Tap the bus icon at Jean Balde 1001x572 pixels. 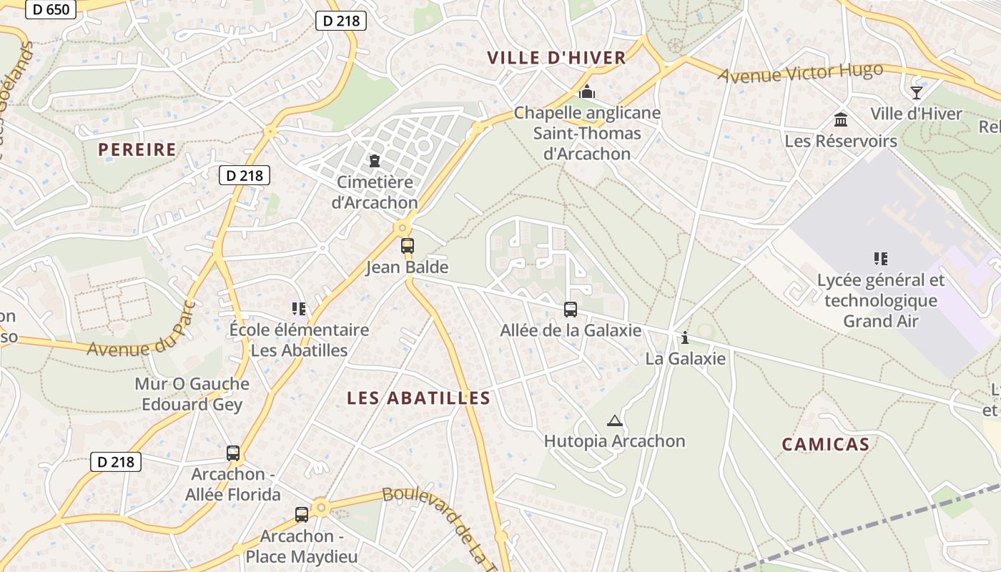[407, 246]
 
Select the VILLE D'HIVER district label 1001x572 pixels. [556, 58]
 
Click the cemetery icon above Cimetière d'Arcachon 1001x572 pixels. [374, 161]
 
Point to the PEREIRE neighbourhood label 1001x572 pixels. [137, 149]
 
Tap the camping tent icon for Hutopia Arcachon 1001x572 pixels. [614, 420]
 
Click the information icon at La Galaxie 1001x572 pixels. [685, 337]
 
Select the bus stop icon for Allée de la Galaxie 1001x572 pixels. [570, 310]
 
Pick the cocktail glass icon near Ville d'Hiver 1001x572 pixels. [916, 92]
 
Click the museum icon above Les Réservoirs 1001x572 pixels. [841, 119]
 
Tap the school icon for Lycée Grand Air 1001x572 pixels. [880, 258]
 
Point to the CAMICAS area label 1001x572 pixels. [826, 444]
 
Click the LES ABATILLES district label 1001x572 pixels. [419, 398]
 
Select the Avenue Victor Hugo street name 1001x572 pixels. [801, 73]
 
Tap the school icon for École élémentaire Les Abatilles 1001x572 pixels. [298, 309]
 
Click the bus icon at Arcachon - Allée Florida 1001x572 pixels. [233, 453]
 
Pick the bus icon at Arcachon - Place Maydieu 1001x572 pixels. [302, 514]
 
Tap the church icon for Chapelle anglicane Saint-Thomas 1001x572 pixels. [587, 92]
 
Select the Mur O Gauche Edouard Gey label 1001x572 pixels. [192, 394]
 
